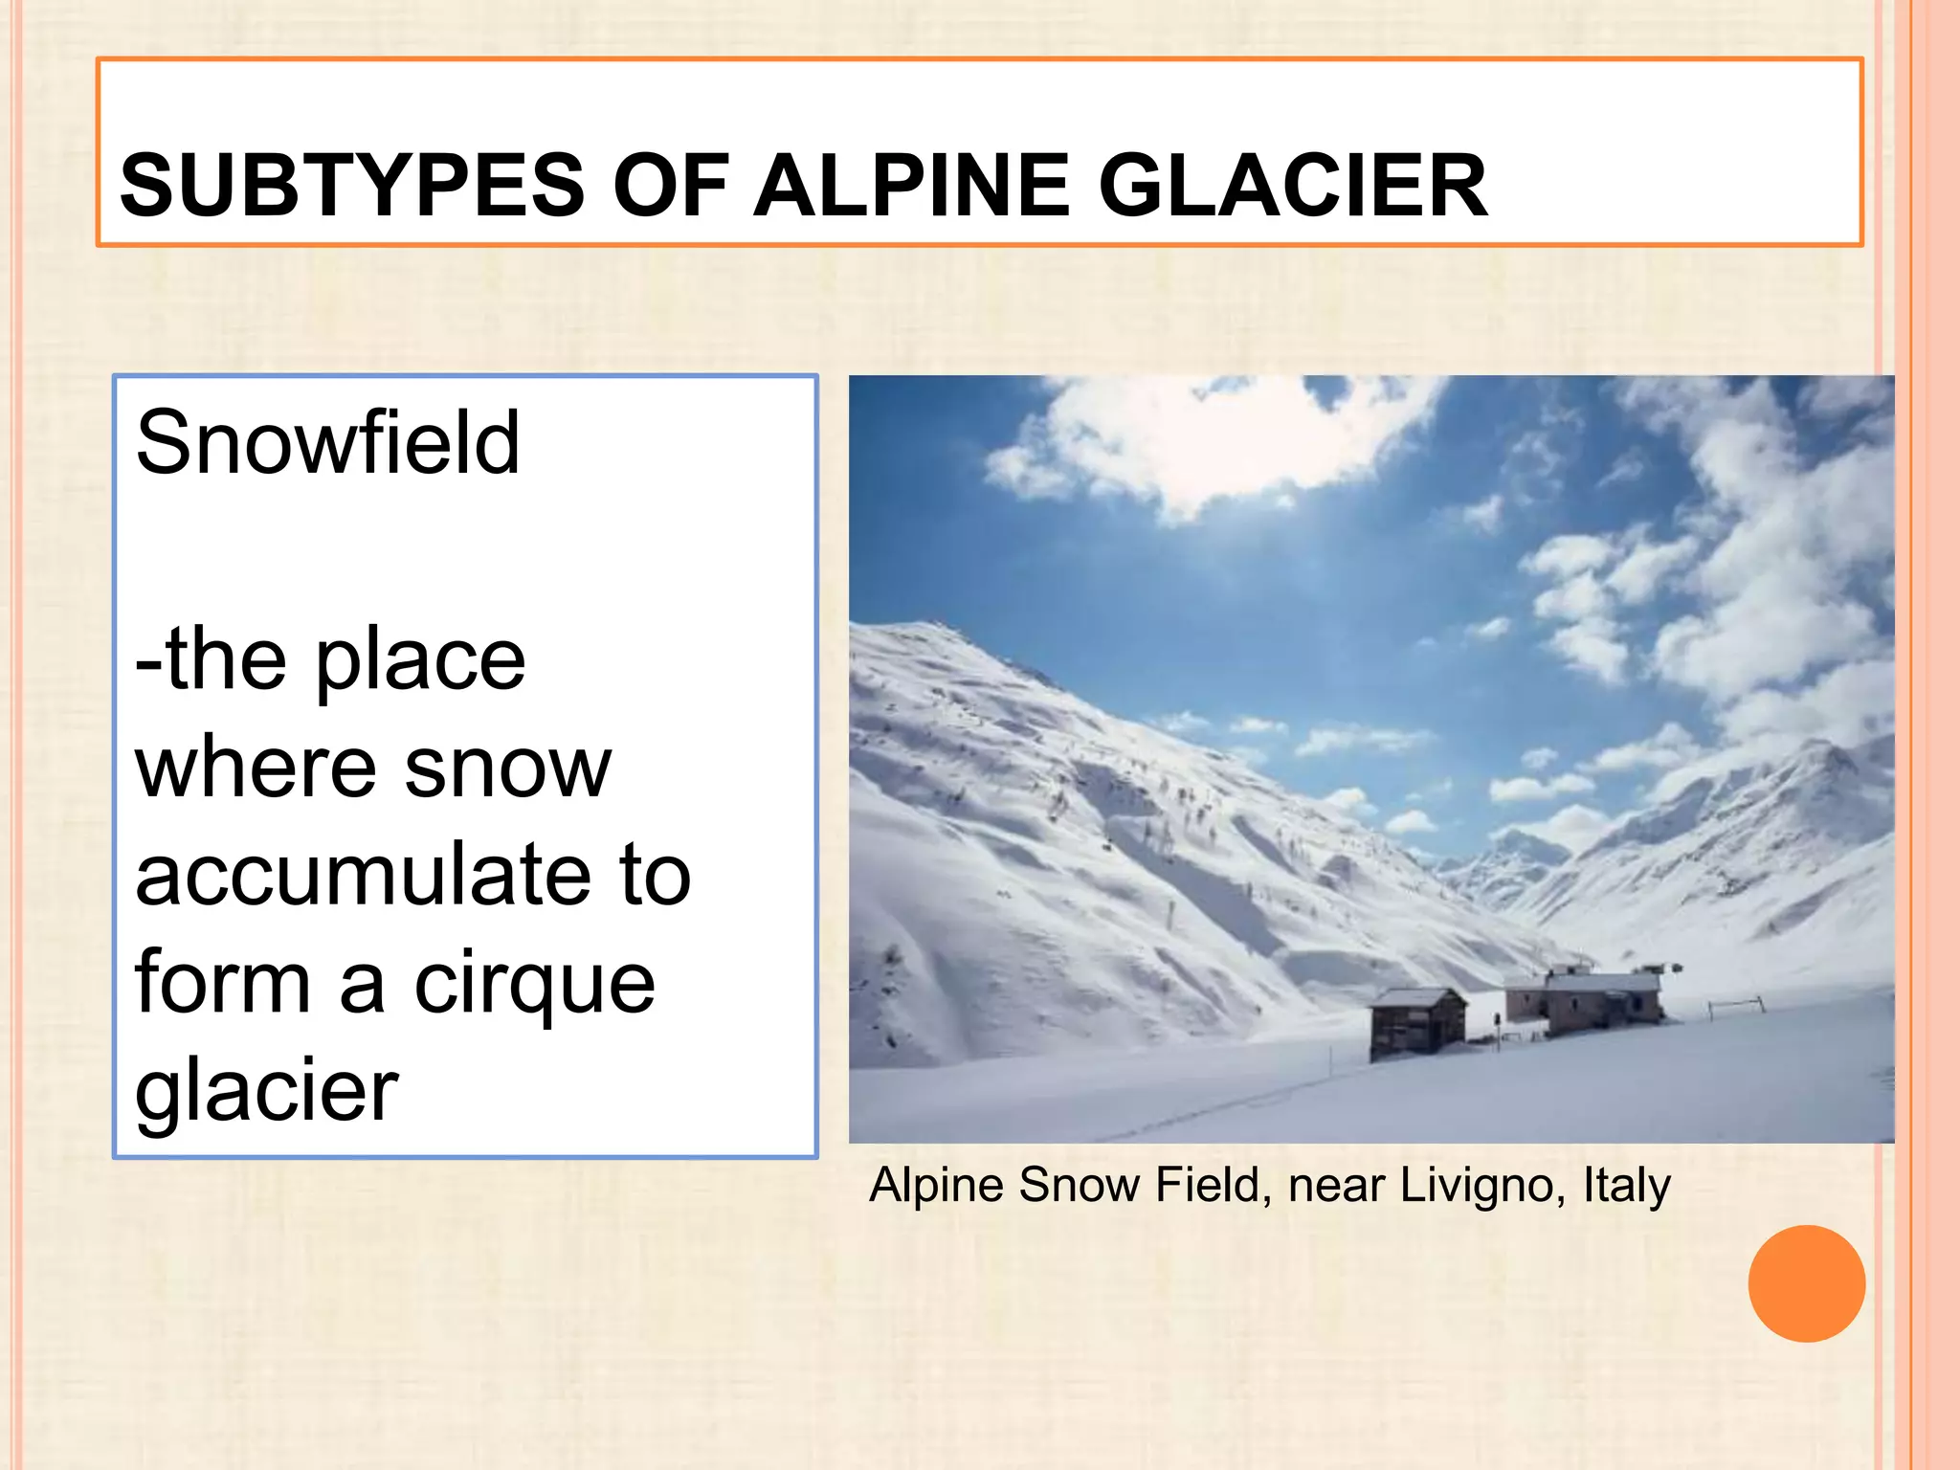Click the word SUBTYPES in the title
coord(352,185)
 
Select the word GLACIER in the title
coord(1292,185)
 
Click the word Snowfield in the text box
coord(327,442)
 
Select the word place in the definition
coord(421,660)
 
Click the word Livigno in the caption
coord(1482,1185)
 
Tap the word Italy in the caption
coord(1626,1185)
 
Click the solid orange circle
coord(1806,1283)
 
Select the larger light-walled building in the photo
coord(1584,1000)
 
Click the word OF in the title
coord(670,185)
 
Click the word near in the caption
coord(1335,1185)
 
